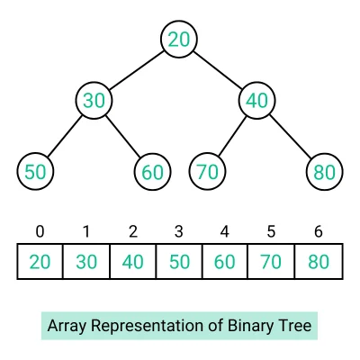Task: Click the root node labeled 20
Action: click(179, 38)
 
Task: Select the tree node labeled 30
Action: click(94, 100)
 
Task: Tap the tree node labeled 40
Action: click(256, 100)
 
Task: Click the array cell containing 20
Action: click(40, 262)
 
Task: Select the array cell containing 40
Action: click(132, 262)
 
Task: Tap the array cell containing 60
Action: click(226, 262)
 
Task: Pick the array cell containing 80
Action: click(319, 262)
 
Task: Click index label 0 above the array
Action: click(40, 231)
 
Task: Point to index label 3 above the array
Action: click(179, 231)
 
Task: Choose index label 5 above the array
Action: click(272, 231)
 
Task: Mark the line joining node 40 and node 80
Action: click(290, 135)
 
